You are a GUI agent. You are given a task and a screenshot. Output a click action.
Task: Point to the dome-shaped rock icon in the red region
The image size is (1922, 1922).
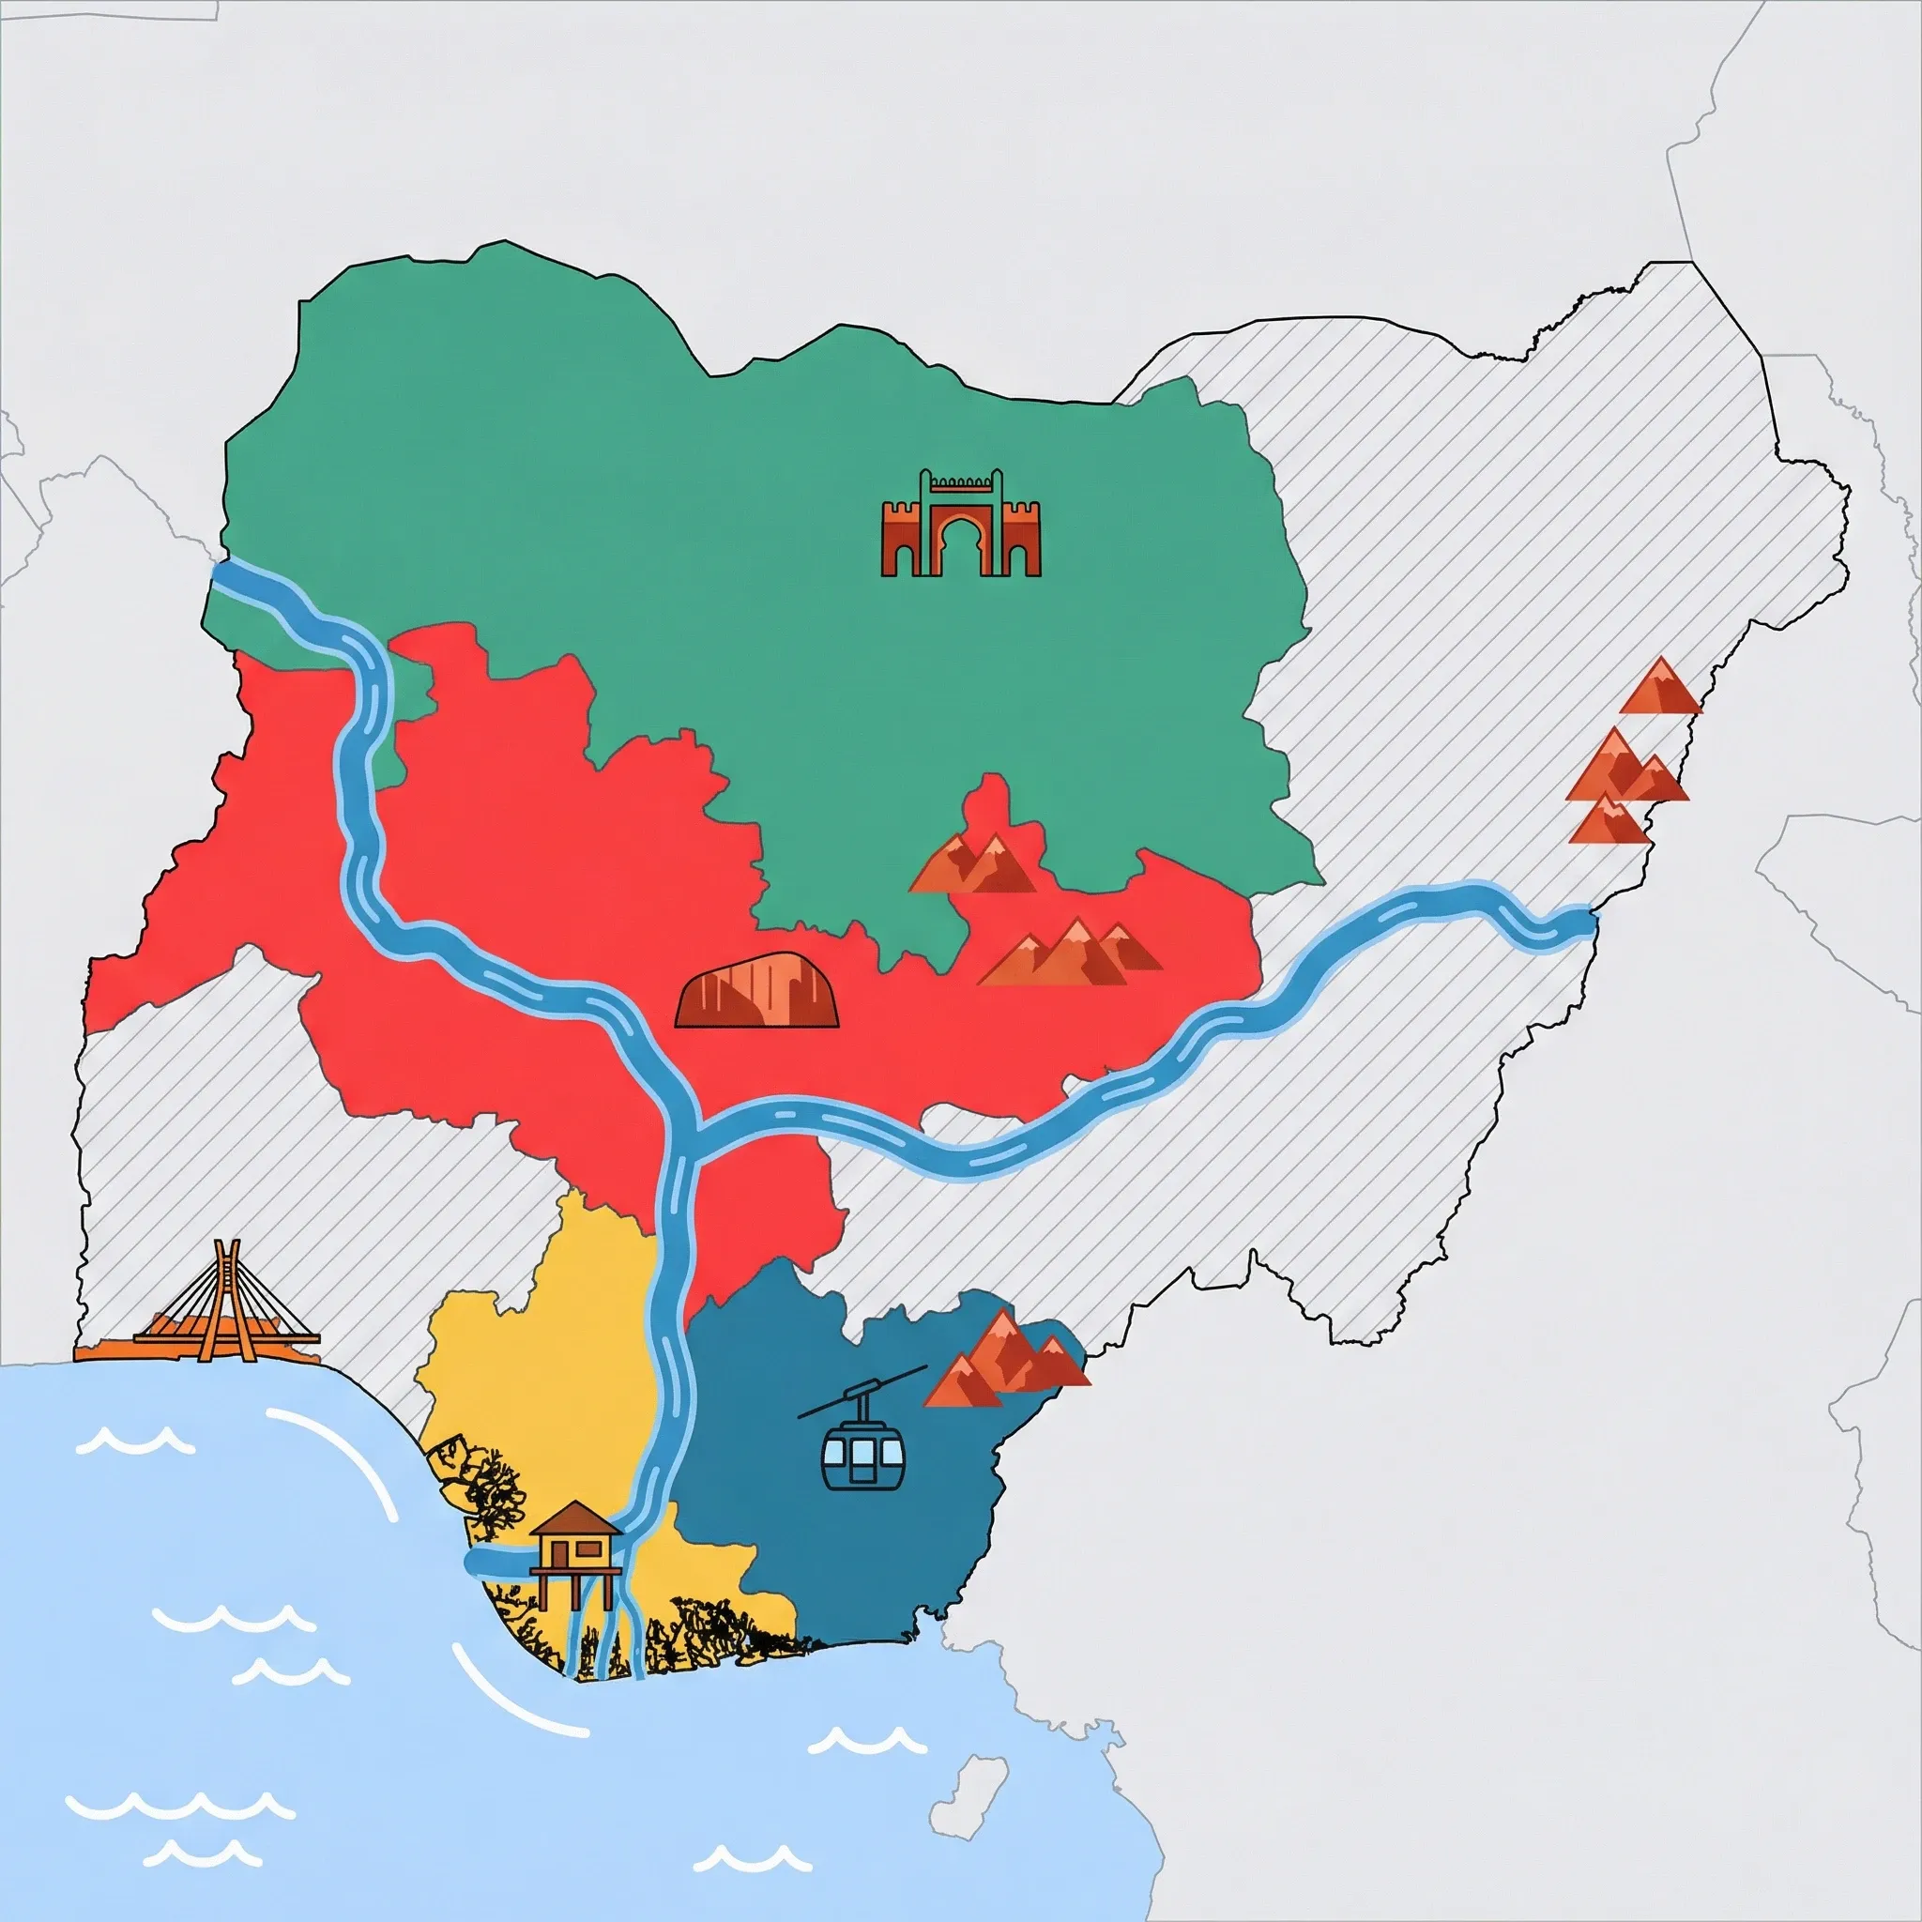click(x=758, y=992)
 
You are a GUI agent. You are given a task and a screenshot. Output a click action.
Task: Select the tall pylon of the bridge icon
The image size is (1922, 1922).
click(x=229, y=1283)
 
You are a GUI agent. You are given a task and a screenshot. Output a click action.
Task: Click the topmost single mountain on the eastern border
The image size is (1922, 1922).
click(x=1660, y=686)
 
